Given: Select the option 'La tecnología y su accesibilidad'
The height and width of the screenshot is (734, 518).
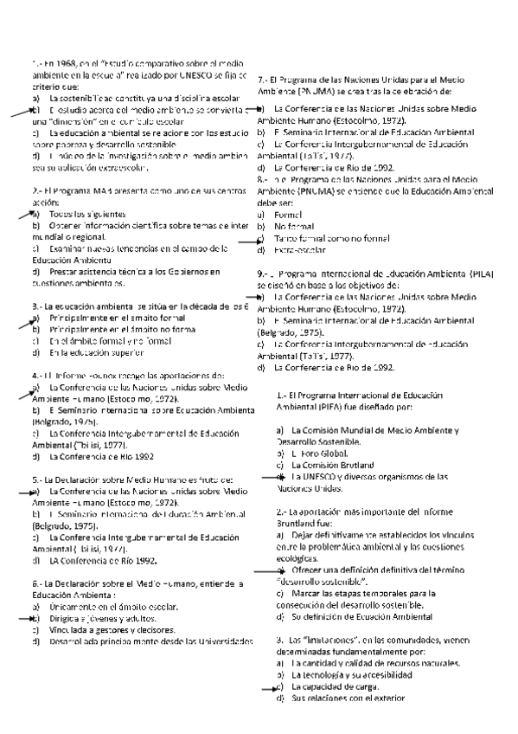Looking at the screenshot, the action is tap(349, 674).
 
